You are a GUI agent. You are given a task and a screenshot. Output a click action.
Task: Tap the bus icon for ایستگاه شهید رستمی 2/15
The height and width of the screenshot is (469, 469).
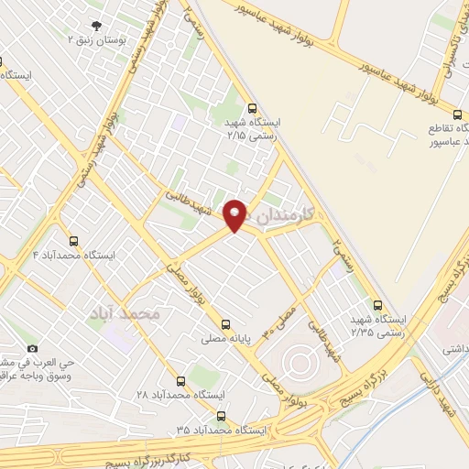coord(253,105)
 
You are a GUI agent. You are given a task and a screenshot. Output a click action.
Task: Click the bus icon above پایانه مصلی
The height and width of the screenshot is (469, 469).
coord(225,323)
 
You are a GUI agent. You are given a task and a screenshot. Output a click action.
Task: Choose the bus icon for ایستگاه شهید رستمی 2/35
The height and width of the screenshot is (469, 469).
coord(377,305)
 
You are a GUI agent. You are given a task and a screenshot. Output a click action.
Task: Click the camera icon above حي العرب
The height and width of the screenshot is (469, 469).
coord(33,348)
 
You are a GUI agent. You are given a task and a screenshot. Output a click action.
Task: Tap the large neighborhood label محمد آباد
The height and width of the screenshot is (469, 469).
coord(125,313)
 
